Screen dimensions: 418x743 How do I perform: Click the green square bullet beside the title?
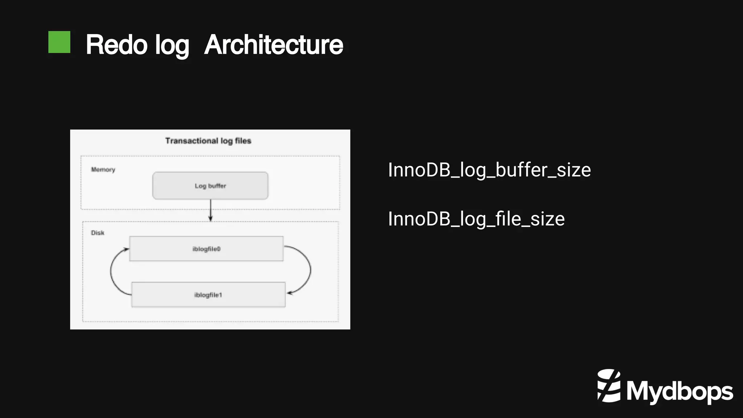(59, 42)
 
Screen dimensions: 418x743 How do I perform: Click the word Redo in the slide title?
(116, 45)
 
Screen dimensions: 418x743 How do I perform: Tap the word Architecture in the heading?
(274, 45)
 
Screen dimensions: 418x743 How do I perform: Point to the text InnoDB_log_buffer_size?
(489, 170)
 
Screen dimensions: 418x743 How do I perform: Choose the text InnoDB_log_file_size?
(476, 219)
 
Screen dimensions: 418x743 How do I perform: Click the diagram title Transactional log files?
(208, 141)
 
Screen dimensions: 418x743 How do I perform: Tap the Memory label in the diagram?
(103, 170)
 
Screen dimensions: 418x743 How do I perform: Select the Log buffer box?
(210, 186)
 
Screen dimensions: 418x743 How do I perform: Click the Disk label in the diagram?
(98, 233)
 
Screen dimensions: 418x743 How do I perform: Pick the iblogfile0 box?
(206, 249)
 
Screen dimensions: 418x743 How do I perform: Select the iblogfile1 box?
(208, 295)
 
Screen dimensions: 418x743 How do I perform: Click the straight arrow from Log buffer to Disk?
(210, 209)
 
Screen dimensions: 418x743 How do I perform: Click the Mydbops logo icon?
(609, 386)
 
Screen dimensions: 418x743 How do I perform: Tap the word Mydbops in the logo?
(680, 391)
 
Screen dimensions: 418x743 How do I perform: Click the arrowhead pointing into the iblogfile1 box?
(290, 293)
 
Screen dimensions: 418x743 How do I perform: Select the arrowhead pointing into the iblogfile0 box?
(126, 249)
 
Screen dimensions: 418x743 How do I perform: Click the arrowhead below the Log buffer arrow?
(210, 218)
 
